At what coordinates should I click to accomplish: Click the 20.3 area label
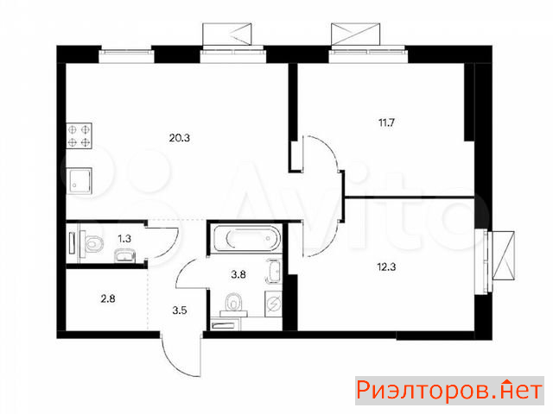179,138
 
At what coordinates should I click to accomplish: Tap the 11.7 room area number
386,122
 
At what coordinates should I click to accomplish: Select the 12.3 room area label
386,267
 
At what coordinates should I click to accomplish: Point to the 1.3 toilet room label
124,239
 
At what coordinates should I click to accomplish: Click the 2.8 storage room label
107,299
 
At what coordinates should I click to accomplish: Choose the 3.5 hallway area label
180,310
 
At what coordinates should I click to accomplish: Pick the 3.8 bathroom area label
238,274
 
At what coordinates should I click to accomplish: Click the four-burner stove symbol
79,135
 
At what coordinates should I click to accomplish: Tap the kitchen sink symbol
79,181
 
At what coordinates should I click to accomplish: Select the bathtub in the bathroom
247,238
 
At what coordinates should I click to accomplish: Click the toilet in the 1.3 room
92,243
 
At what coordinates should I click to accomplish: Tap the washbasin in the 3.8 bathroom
274,272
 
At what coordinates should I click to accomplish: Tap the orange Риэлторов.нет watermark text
449,391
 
